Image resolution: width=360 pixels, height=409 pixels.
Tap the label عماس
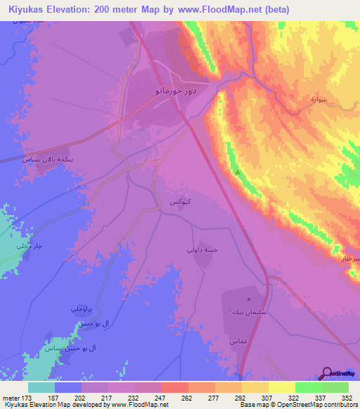(238, 341)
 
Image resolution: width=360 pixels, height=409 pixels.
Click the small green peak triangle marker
(237, 171)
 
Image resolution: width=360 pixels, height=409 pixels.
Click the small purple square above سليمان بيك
(247, 298)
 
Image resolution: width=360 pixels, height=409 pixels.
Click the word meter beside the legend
(10, 398)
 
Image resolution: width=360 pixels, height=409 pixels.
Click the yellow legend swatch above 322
(281, 387)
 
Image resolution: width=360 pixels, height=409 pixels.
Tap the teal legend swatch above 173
(41, 387)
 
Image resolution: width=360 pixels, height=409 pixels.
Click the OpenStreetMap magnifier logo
(327, 372)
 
